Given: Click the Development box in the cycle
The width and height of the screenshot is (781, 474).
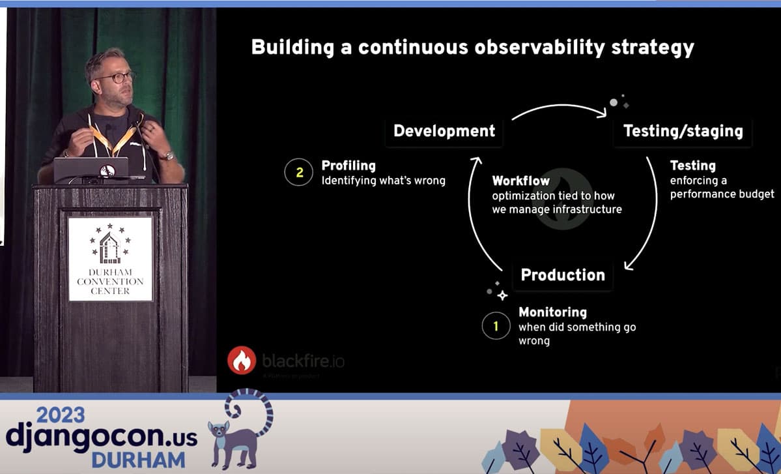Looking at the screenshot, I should click(x=444, y=130).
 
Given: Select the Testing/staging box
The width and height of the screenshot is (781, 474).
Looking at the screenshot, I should click(x=683, y=130).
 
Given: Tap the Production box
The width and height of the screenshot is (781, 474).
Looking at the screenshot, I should click(x=563, y=274).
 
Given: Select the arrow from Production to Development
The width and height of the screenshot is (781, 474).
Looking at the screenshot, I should click(x=474, y=215).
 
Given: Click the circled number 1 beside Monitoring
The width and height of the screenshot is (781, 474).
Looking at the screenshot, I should click(x=496, y=325).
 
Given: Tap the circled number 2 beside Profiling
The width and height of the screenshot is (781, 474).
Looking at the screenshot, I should click(x=299, y=173).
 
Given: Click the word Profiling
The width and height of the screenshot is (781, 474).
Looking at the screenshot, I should click(x=348, y=166).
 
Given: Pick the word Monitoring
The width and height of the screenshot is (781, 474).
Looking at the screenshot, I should click(x=552, y=312).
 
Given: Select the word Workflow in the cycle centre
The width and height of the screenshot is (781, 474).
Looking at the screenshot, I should click(x=521, y=181).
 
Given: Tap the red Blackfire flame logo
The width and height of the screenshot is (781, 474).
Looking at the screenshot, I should click(x=242, y=360).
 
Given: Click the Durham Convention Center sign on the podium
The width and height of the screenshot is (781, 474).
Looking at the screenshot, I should click(x=110, y=258).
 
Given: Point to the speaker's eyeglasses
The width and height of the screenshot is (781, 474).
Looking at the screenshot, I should click(x=115, y=77).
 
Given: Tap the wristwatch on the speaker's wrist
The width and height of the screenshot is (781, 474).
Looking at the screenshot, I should click(x=168, y=156).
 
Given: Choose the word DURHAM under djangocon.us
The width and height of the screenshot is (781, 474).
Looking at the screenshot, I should click(x=138, y=458).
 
